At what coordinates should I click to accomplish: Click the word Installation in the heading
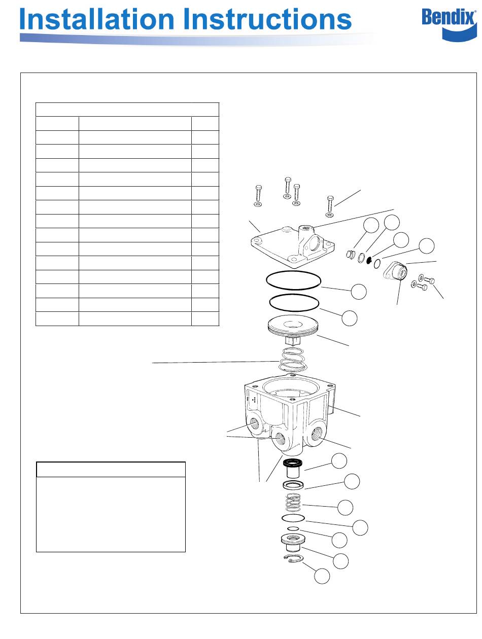pos(96,19)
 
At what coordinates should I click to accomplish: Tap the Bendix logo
pos(449,25)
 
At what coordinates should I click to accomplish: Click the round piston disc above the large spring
pos(293,328)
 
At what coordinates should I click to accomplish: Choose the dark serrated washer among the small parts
pos(369,260)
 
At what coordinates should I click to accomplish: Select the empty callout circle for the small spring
pos(345,508)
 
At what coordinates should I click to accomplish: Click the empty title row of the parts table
pos(127,110)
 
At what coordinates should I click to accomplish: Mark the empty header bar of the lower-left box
pos(111,469)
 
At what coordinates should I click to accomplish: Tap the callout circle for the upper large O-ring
pos(359,292)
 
